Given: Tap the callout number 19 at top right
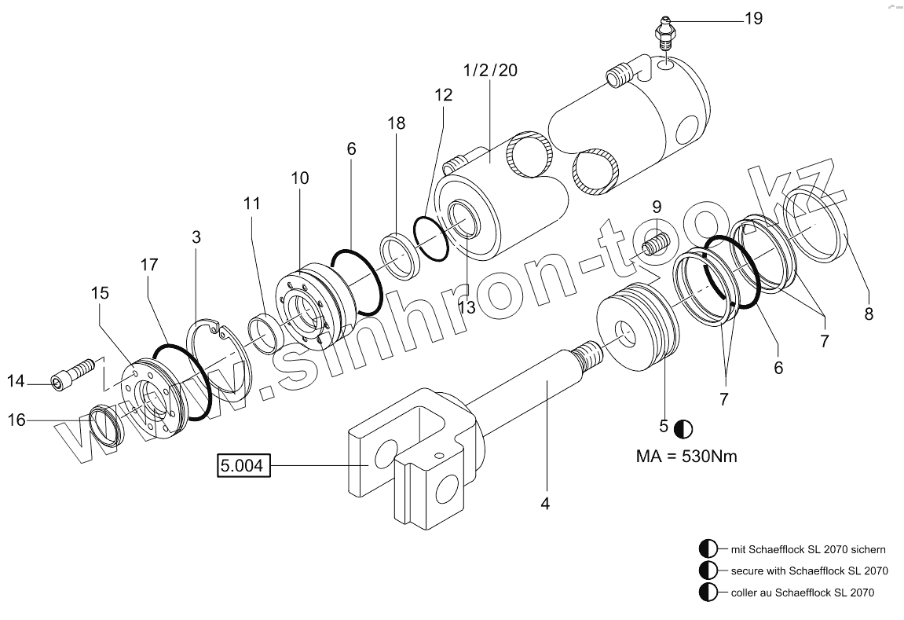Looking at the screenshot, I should click(752, 18).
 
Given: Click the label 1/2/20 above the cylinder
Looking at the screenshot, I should click(490, 70).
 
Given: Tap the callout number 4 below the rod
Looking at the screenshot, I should click(545, 502).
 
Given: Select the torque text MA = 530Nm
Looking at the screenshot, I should click(686, 456).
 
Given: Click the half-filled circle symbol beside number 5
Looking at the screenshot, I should click(683, 428).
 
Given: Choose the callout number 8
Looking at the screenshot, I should click(869, 314).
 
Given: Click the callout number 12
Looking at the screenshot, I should click(442, 96).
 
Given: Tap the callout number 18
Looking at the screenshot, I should click(396, 123).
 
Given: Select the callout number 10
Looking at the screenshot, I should click(299, 178).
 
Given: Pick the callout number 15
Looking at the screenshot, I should click(99, 293).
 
